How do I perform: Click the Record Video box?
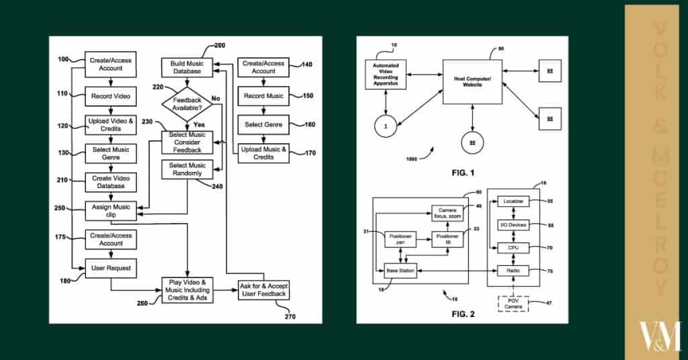pyautogui.click(x=110, y=96)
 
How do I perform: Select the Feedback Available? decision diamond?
pyautogui.click(x=188, y=104)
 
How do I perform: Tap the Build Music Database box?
pyautogui.click(x=187, y=68)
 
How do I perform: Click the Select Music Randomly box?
pyautogui.click(x=187, y=169)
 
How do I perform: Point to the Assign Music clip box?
pyautogui.click(x=110, y=210)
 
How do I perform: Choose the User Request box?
pyautogui.click(x=110, y=268)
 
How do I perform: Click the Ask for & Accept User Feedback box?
pyautogui.click(x=263, y=289)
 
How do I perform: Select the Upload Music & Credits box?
pyautogui.click(x=263, y=153)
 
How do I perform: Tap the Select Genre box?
pyautogui.click(x=263, y=124)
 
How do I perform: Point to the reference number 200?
pyautogui.click(x=219, y=45)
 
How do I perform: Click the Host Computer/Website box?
pyautogui.click(x=473, y=81)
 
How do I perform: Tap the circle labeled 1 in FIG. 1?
pyautogui.click(x=386, y=126)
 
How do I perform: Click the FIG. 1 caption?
pyautogui.click(x=463, y=173)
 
